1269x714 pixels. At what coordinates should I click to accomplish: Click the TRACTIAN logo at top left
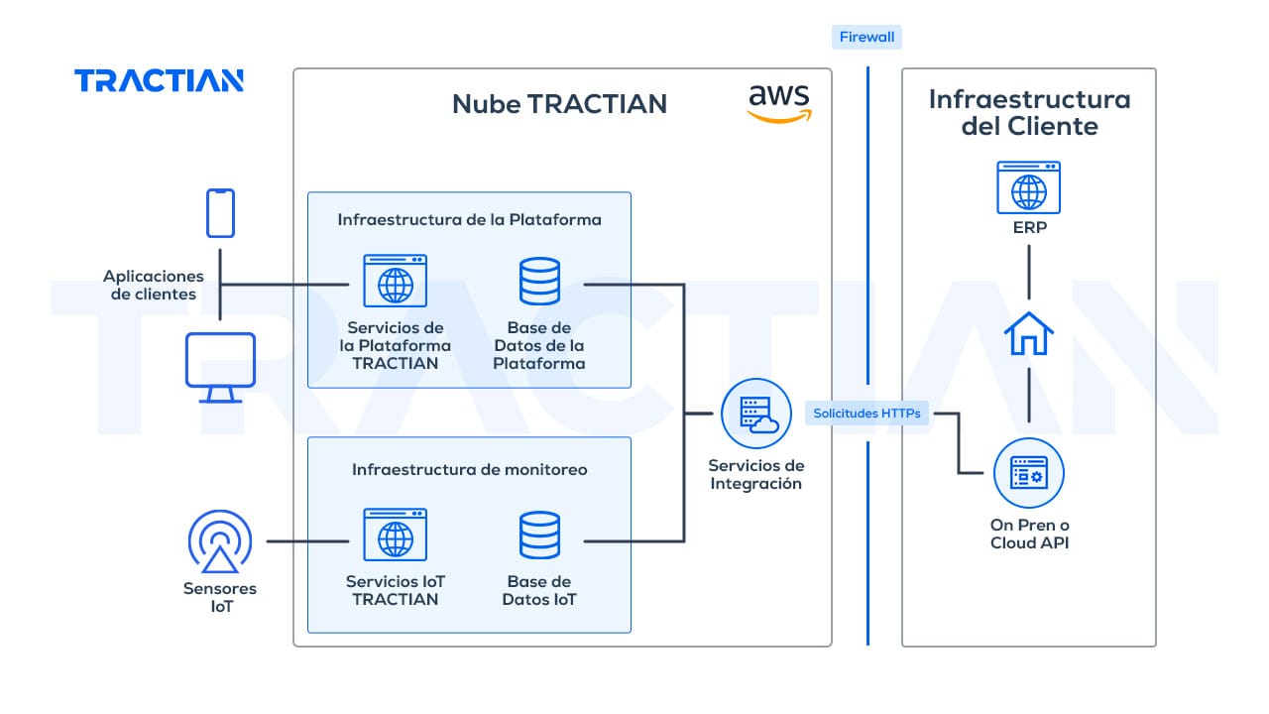(159, 80)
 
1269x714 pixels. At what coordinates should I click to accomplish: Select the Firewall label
(866, 38)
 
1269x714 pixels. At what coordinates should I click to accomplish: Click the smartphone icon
(220, 213)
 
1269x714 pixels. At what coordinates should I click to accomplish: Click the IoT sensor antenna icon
(220, 541)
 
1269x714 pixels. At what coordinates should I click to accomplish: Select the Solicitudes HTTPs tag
(866, 413)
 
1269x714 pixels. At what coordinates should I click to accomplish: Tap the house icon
(1028, 333)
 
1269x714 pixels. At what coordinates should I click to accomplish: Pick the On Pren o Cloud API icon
(1028, 473)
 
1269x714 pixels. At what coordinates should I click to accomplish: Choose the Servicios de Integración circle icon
(755, 414)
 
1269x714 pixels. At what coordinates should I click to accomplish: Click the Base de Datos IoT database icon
(539, 535)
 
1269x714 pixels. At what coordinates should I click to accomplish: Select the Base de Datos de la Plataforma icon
(539, 281)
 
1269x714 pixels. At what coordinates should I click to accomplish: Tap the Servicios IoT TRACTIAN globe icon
(395, 535)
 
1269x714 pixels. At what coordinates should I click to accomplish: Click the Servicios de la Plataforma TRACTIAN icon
(395, 281)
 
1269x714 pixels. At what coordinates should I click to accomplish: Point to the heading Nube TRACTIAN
(559, 104)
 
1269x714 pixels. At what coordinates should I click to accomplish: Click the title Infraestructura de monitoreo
(469, 469)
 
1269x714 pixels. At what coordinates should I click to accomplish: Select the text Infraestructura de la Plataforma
(469, 219)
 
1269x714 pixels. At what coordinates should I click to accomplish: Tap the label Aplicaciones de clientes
(154, 285)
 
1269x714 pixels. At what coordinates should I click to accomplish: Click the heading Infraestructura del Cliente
(1029, 113)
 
